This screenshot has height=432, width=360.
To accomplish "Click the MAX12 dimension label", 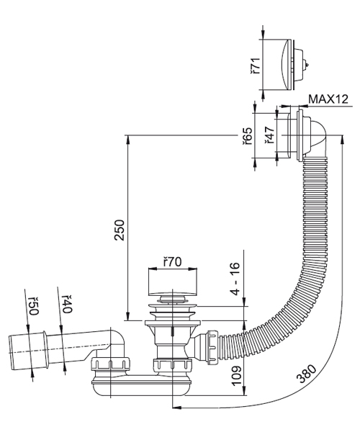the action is point(328,99).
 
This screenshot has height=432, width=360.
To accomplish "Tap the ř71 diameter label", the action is point(256,66).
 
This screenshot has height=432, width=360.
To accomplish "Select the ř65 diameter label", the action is point(247,136).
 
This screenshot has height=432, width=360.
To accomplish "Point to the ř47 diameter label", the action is point(269,135).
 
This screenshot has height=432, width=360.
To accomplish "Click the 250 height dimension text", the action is point(120,230).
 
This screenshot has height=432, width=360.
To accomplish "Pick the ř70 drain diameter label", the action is point(172,262).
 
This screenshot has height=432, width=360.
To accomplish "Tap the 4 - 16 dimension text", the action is point(235,279).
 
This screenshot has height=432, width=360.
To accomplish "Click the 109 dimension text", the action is point(237,375).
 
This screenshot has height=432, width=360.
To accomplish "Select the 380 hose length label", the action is point(307,374).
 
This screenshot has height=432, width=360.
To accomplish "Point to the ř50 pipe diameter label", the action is point(33,306).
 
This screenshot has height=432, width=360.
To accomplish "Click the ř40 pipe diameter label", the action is point(66,304).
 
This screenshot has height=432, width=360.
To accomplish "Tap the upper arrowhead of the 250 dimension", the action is point(127,140).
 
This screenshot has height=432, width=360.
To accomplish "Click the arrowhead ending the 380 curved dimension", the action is point(176,408).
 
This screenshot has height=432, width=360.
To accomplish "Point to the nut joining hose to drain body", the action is point(213,346).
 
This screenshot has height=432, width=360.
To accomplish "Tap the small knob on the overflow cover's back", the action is point(307,66).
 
